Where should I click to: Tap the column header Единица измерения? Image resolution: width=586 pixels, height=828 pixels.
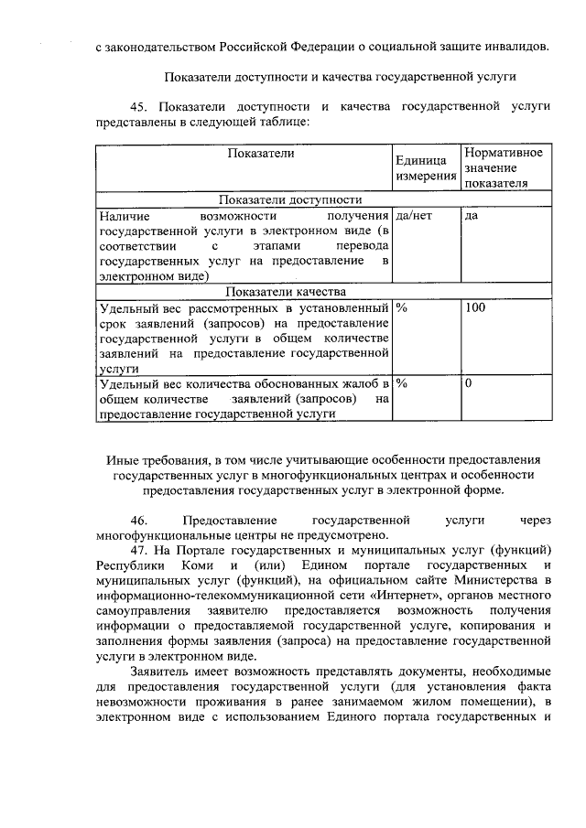point(425,167)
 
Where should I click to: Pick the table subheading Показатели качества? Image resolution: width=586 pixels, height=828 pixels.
point(289,292)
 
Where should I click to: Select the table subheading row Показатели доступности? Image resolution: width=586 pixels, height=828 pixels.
point(289,199)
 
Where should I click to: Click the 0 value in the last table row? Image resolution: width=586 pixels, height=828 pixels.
point(468,383)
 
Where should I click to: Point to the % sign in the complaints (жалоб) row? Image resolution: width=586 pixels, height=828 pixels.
point(401,383)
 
